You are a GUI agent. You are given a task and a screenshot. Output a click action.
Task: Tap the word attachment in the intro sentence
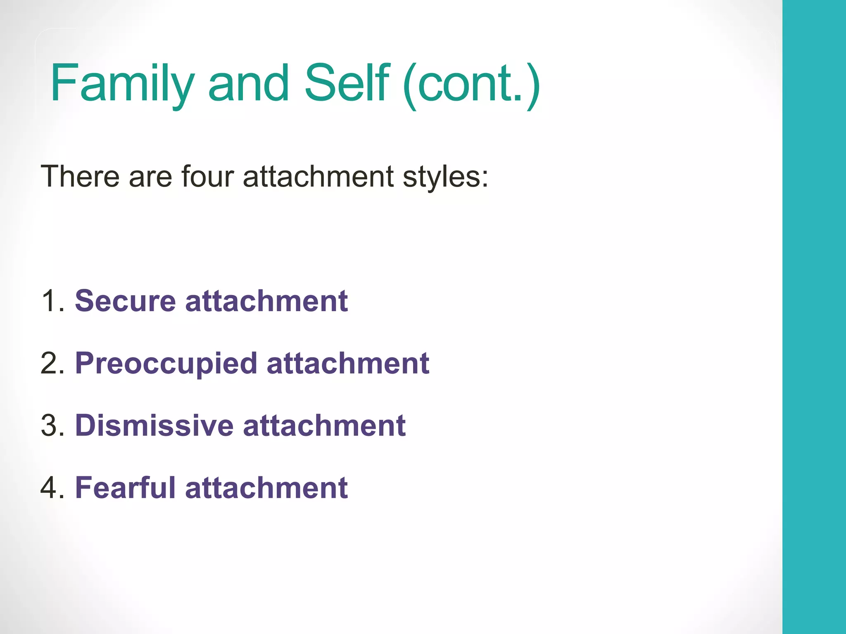coord(318,177)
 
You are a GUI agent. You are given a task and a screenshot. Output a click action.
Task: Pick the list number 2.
coord(52,363)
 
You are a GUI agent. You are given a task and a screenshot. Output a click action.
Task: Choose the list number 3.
coord(52,426)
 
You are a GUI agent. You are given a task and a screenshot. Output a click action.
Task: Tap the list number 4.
coord(52,488)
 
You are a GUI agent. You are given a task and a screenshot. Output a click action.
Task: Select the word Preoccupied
coord(166,364)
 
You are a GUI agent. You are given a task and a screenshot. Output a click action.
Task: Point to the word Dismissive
coord(154,426)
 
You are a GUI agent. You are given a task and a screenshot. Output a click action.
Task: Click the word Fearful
coord(125,488)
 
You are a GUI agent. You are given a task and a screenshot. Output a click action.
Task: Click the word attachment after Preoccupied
coord(348,363)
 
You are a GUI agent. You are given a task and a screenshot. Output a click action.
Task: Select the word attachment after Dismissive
coord(324,426)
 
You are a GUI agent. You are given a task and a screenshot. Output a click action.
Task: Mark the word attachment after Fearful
coord(266,488)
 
